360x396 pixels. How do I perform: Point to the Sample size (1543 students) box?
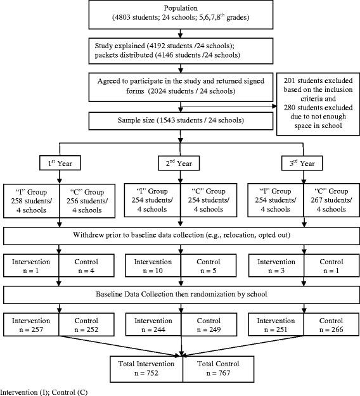tap(183, 120)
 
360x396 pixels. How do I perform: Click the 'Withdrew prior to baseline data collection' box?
tap(183, 236)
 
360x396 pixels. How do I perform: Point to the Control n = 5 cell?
tap(209, 265)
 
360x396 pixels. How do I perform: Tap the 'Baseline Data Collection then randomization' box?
tap(183, 294)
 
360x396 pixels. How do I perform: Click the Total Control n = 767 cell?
tap(209, 369)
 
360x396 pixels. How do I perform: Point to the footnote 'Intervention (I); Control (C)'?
tap(44, 391)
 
